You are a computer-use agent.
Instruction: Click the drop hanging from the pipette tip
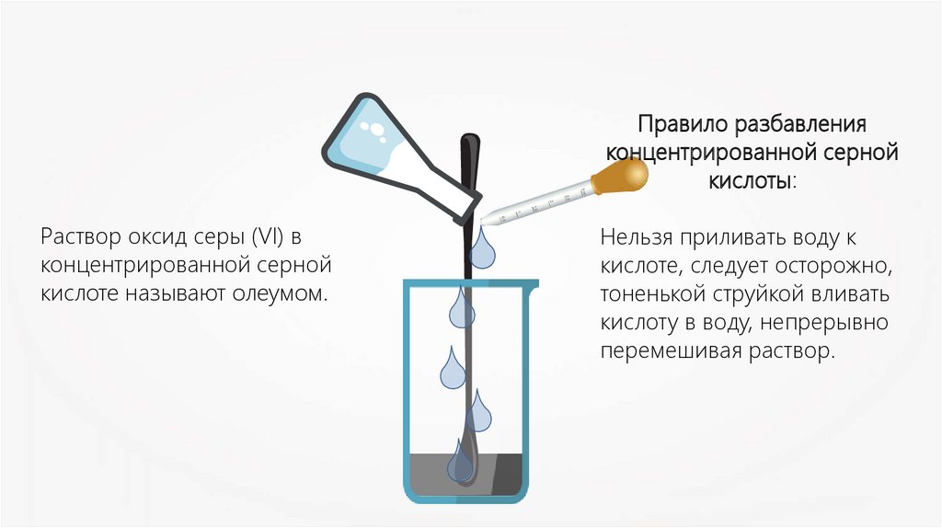click(x=483, y=246)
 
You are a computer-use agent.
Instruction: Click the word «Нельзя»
click(x=638, y=238)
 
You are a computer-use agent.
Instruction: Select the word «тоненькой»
click(x=652, y=295)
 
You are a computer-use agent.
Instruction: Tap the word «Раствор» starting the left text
click(x=75, y=237)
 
